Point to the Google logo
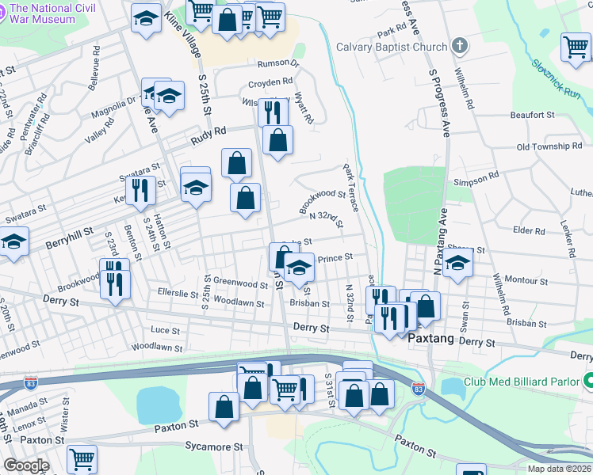pos(26,465)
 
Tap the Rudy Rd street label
pos(209,139)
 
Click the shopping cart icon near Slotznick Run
pos(576,47)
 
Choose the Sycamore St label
pos(209,447)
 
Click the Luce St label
pos(165,329)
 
